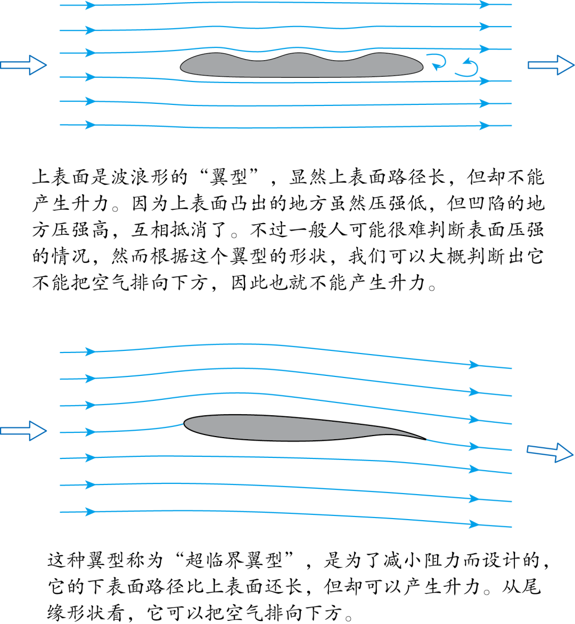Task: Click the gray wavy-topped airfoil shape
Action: click(301, 66)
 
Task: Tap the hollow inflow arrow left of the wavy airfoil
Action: click(23, 65)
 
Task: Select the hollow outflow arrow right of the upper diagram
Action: click(551, 65)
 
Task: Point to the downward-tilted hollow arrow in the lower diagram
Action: click(550, 451)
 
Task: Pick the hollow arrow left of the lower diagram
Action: click(23, 431)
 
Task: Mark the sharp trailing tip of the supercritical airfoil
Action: click(426, 439)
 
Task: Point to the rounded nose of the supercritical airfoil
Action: click(184, 424)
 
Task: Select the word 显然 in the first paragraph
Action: click(309, 177)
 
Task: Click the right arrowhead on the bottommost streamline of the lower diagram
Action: click(473, 524)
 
